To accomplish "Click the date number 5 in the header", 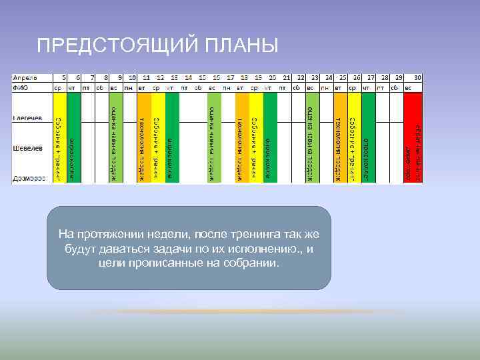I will [63, 77].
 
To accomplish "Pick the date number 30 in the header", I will [417, 77].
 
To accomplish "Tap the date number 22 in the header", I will [301, 77].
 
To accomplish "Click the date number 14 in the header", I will [189, 77].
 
